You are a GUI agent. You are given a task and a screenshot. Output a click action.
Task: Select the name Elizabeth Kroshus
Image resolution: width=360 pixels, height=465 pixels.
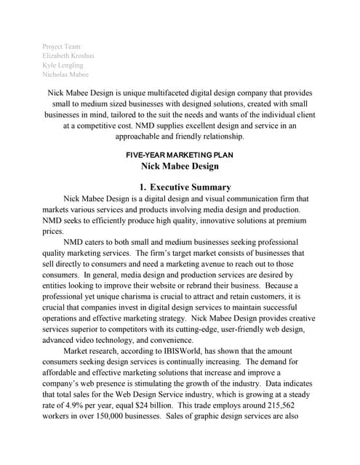point(69,55)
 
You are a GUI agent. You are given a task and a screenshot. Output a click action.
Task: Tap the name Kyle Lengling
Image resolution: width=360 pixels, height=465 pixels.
point(63,65)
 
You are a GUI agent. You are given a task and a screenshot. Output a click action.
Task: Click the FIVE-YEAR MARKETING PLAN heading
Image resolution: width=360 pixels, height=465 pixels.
point(179,155)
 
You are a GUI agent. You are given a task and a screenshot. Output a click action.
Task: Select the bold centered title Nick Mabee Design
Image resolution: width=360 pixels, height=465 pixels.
point(180,166)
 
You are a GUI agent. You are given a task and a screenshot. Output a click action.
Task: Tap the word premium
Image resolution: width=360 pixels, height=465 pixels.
point(292,220)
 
